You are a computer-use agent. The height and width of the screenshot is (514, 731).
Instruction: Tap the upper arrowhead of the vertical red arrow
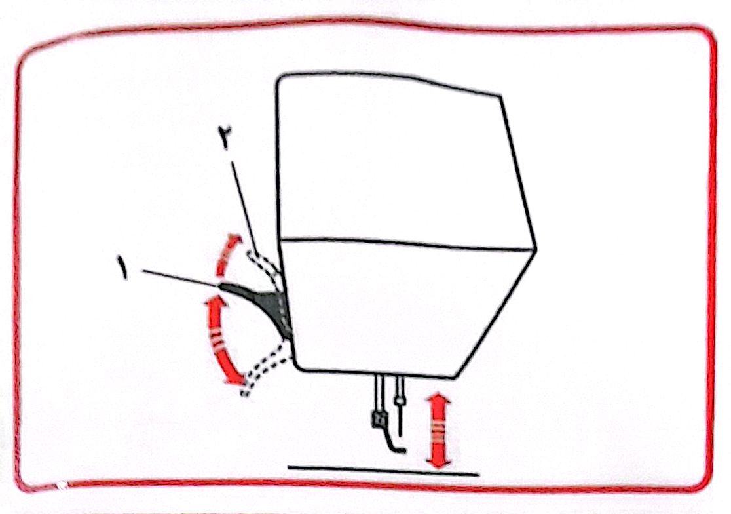click(439, 401)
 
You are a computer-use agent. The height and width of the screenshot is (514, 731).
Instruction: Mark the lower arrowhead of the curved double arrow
click(236, 377)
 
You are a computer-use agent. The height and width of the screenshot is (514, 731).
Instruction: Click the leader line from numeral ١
click(180, 278)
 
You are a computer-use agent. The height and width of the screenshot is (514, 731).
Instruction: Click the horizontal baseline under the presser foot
click(383, 470)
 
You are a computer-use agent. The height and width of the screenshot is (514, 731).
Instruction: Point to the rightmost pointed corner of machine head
click(536, 250)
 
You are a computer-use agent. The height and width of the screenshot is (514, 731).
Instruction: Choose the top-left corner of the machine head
click(278, 77)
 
